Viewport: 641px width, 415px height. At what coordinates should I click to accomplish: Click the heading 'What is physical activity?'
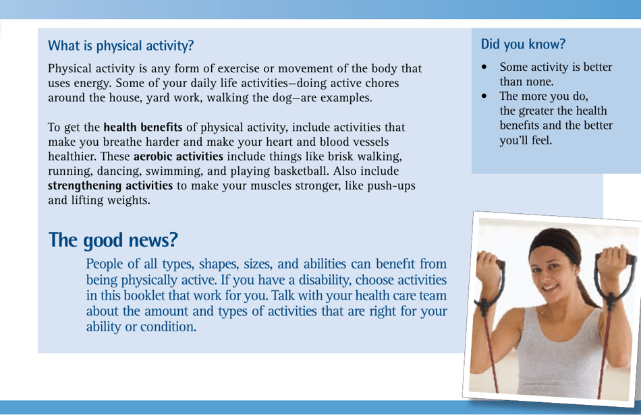click(x=120, y=46)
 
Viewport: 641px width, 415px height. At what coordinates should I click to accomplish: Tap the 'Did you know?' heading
click(x=523, y=45)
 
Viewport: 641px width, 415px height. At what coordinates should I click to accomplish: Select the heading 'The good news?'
click(x=113, y=239)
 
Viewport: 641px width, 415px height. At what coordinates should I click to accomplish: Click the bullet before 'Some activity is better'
click(x=484, y=67)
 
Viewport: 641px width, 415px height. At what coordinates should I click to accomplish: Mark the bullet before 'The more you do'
click(x=484, y=96)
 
